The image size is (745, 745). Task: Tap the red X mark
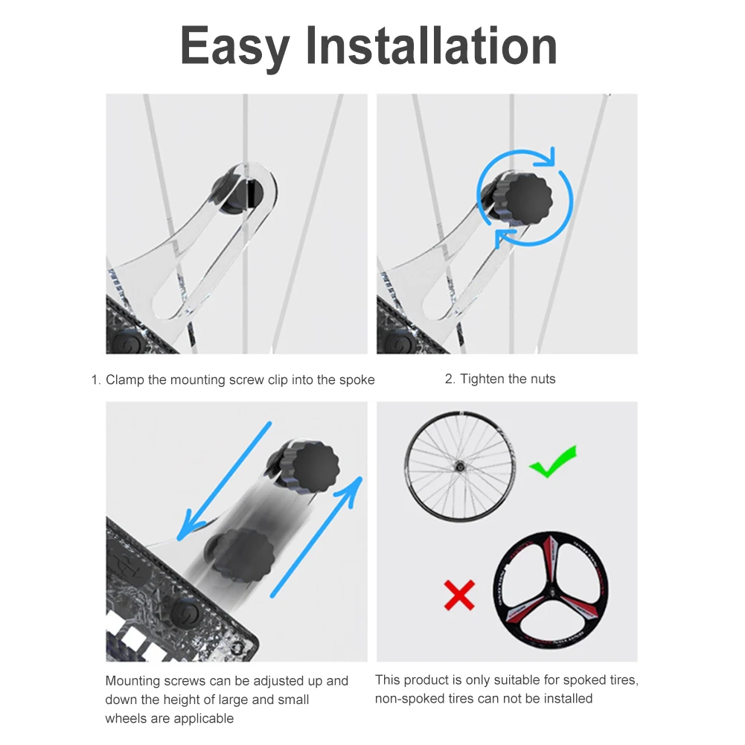coord(459,595)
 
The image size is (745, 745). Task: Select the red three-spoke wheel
coord(550,589)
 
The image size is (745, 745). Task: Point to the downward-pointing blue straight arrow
coord(224,481)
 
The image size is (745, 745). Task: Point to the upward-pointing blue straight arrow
coord(317,536)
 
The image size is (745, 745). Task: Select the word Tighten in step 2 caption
coord(483,380)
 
